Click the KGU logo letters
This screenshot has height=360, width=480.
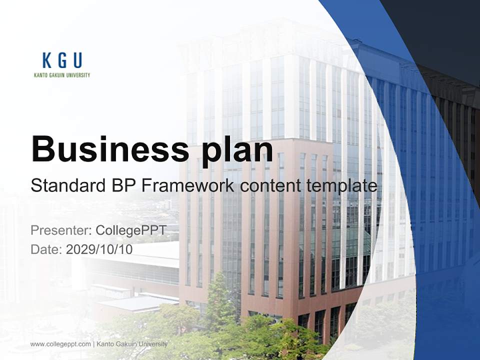click(62, 60)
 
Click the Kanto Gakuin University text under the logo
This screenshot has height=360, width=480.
click(62, 75)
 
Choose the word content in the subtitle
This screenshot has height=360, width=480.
click(270, 185)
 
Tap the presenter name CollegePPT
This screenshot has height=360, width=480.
click(130, 230)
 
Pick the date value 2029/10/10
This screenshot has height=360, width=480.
click(99, 249)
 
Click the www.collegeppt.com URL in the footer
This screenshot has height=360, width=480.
click(60, 344)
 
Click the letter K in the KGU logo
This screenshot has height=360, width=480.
click(47, 60)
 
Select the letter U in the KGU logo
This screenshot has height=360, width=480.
click(77, 60)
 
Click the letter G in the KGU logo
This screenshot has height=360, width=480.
click(62, 60)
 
